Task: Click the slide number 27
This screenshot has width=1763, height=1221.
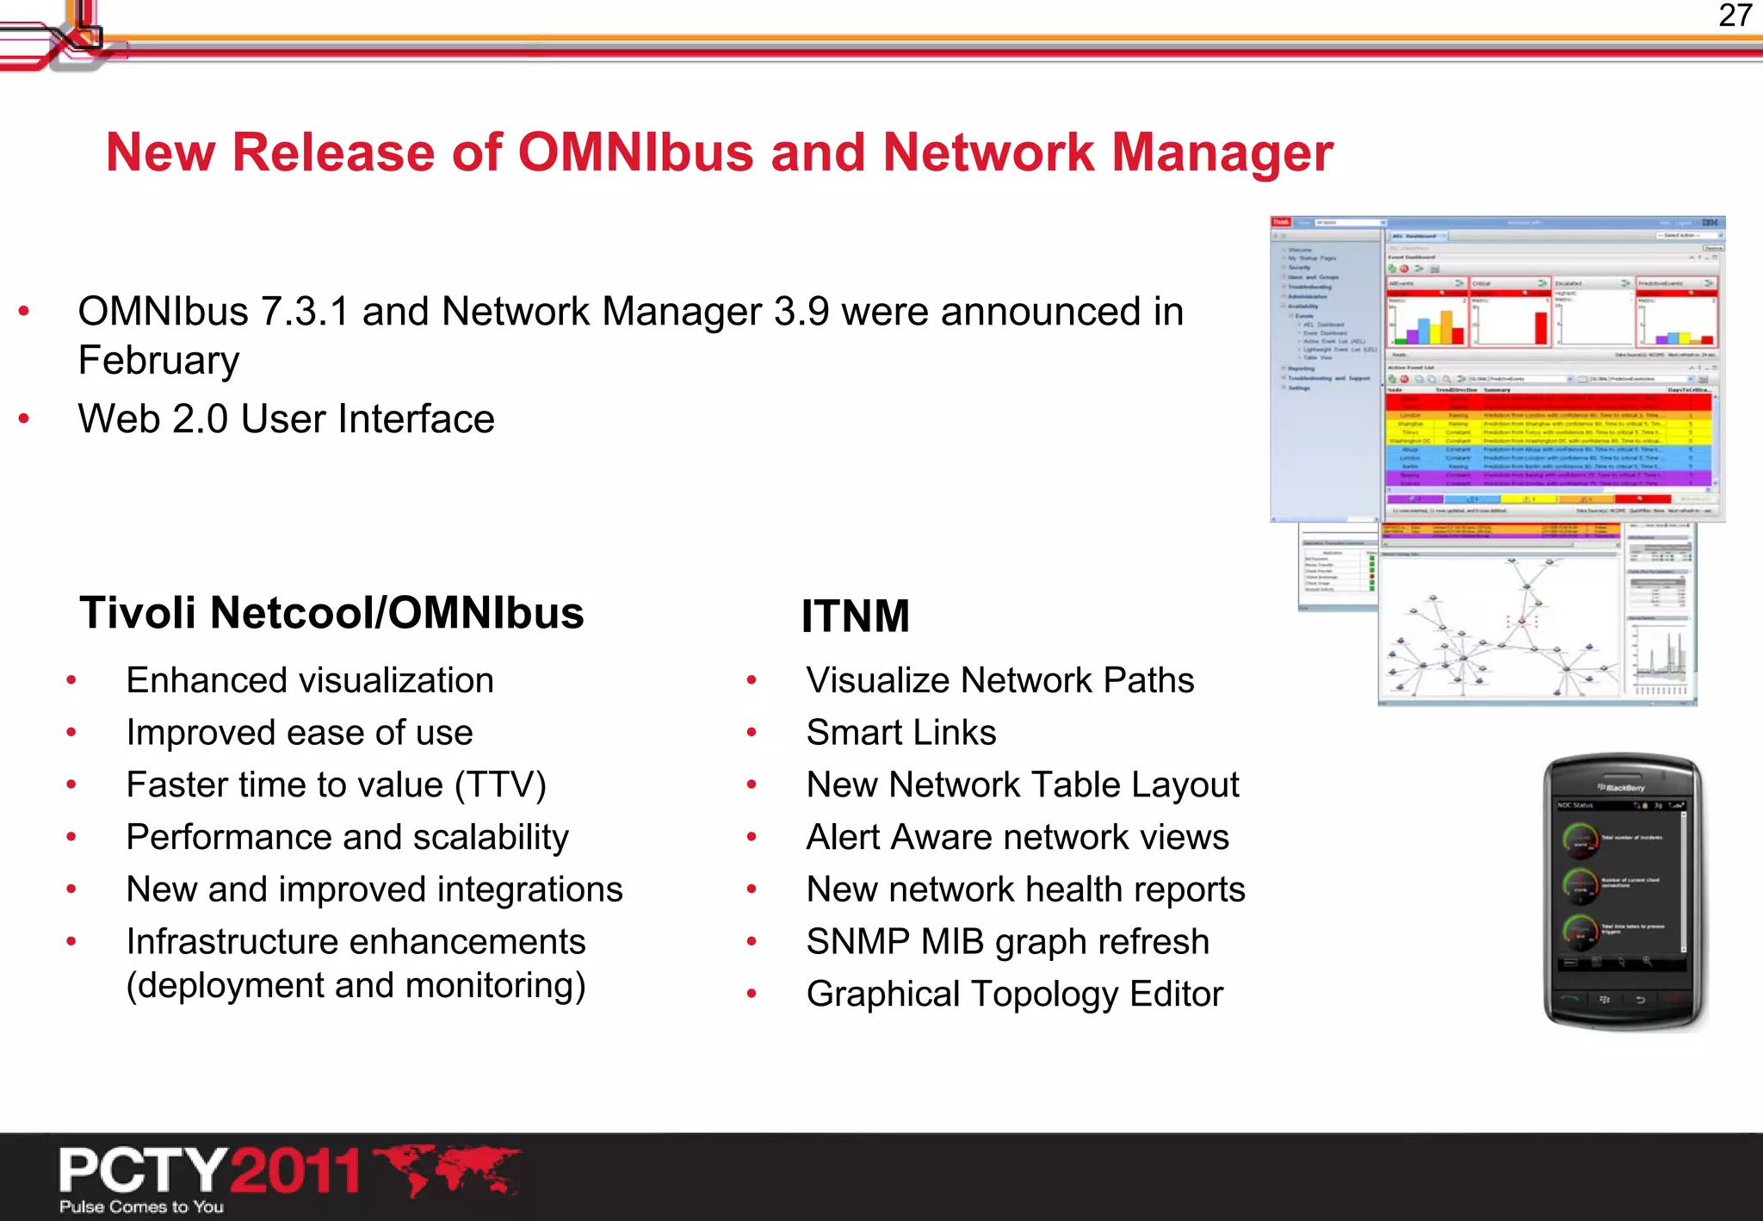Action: pos(1734,15)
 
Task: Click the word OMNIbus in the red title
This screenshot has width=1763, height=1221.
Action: pos(635,152)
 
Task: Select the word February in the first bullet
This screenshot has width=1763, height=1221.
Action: pos(158,360)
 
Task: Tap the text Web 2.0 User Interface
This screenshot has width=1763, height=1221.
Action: pos(286,419)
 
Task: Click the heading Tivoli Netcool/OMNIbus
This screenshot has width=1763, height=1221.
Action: pos(331,613)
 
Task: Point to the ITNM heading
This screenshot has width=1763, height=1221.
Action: pos(855,617)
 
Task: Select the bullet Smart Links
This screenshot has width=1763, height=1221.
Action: pos(900,733)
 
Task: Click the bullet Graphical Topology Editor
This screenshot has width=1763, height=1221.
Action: pos(1014,995)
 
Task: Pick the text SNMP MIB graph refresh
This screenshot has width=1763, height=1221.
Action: pos(1007,942)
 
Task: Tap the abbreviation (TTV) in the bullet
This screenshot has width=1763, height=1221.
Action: pos(500,785)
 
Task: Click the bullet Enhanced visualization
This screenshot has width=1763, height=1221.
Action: pos(310,681)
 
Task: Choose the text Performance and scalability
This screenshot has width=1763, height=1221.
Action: pos(347,838)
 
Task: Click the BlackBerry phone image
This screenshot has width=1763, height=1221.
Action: pos(1624,891)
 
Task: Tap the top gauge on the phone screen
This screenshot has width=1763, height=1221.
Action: pos(1581,839)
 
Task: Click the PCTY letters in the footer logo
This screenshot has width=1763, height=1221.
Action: pos(143,1171)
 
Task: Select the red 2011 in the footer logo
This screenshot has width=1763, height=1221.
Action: pos(295,1171)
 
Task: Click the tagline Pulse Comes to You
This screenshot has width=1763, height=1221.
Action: pos(142,1207)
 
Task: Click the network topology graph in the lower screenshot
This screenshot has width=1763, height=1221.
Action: pos(1502,629)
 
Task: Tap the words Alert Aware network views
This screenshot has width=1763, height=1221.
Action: pos(1017,838)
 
